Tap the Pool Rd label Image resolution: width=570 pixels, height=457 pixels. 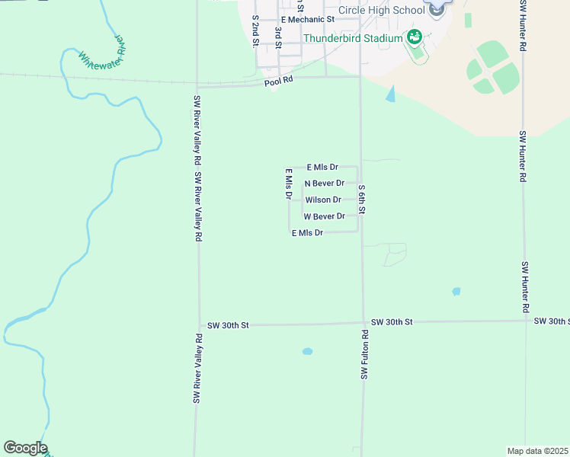point(279,82)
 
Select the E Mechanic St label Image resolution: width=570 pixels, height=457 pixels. point(307,19)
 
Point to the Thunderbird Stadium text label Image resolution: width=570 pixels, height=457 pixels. point(353,38)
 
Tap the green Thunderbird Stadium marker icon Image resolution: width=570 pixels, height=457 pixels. point(414,37)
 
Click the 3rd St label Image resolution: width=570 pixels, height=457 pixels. point(279,38)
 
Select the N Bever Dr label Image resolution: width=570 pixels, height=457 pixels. point(325,184)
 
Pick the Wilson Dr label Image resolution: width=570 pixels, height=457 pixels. point(323,200)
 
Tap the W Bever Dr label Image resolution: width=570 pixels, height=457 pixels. point(325,216)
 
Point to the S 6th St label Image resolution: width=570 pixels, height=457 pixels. point(363,200)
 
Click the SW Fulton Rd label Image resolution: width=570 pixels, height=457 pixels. point(364,355)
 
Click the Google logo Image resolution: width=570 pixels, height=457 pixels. point(25,448)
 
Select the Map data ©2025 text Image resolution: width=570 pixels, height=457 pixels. point(537,451)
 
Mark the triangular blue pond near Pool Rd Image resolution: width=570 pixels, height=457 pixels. point(391,95)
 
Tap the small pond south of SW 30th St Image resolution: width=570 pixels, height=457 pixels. point(307,351)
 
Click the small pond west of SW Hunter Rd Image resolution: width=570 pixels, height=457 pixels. point(456,291)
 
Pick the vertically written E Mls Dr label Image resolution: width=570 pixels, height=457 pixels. point(289,184)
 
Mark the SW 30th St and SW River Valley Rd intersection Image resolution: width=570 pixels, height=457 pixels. point(198,324)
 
